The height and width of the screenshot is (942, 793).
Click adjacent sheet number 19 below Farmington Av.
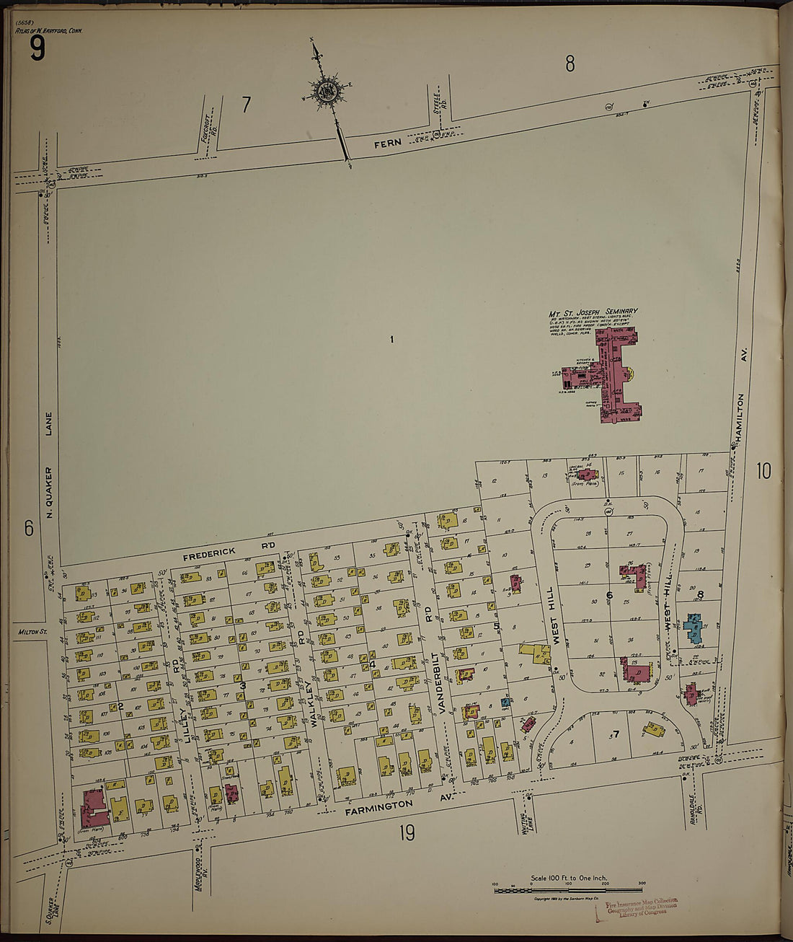pos(406,834)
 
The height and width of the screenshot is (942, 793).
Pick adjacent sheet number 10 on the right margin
pos(763,472)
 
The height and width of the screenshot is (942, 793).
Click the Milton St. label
pos(29,633)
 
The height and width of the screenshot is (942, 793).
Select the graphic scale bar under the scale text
pos(568,891)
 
